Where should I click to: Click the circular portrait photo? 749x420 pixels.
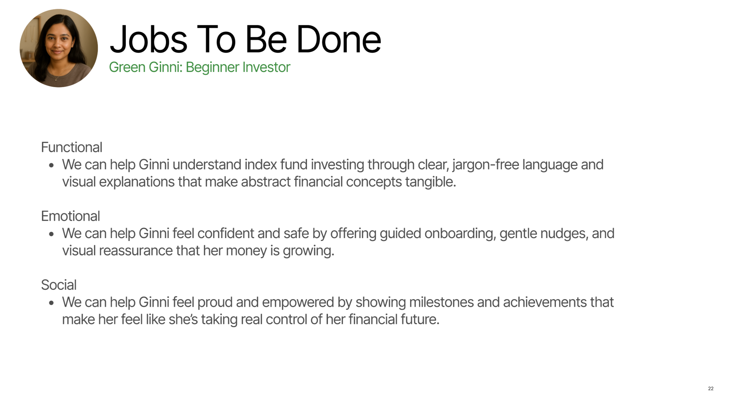coord(59,48)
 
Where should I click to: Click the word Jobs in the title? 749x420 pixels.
coord(148,40)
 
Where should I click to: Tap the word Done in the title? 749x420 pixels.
coord(339,40)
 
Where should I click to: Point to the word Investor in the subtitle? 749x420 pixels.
coord(266,67)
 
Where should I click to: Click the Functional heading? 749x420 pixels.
coord(72,147)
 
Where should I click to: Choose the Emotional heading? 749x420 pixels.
coord(70,216)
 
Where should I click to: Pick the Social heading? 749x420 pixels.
coord(59,285)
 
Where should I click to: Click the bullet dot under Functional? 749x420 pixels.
coord(51,165)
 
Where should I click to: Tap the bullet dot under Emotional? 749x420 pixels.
coord(51,234)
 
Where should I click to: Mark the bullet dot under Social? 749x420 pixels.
coord(51,303)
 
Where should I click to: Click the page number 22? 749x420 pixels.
coord(711,389)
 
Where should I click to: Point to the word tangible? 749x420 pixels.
coord(430,182)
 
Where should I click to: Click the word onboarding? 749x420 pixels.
coord(459,234)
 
